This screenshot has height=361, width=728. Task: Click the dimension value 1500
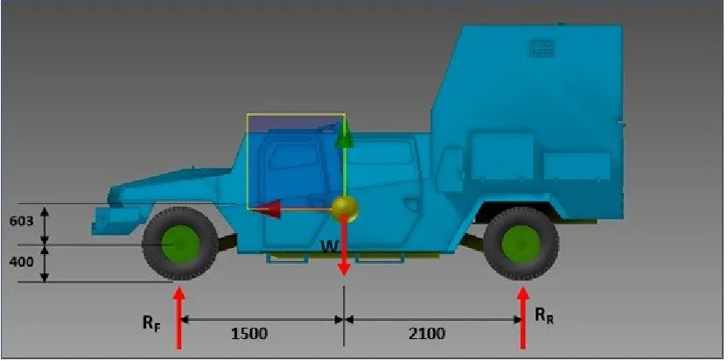pyautogui.click(x=249, y=334)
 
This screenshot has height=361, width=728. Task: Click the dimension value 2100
pyautogui.click(x=427, y=334)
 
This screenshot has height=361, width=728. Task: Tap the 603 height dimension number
pyautogui.click(x=21, y=221)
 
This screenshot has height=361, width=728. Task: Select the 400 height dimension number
pyautogui.click(x=21, y=262)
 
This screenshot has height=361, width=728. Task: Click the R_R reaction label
pyautogui.click(x=544, y=316)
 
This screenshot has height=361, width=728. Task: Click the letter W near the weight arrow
pyautogui.click(x=330, y=247)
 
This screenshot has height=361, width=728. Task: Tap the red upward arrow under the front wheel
pyautogui.click(x=179, y=318)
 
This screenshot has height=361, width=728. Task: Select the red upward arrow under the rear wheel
pyautogui.click(x=523, y=318)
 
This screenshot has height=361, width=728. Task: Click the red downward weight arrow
pyautogui.click(x=344, y=245)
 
